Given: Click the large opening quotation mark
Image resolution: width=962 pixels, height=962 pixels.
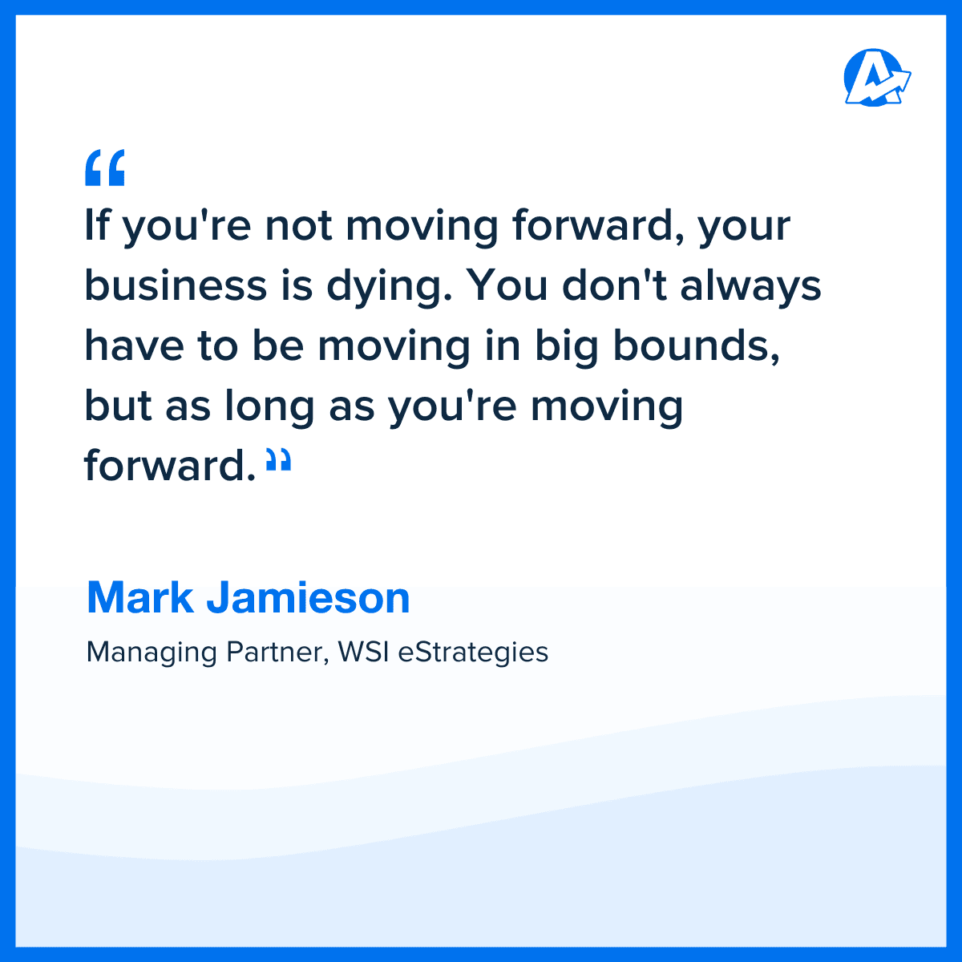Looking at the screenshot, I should (x=105, y=168).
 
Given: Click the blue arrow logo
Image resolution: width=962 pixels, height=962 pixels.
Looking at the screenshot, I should (x=877, y=78).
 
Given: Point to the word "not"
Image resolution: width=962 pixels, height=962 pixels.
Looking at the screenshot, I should (x=298, y=225).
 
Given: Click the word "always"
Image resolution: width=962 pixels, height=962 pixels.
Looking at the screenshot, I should (x=750, y=286).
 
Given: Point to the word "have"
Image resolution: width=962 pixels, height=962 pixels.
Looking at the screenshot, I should (x=129, y=346).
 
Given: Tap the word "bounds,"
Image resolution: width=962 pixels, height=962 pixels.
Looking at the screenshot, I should (x=697, y=346).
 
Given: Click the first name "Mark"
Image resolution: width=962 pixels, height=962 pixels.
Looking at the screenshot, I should (x=140, y=598).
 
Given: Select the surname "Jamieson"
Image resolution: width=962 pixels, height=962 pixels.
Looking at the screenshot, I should (x=308, y=598).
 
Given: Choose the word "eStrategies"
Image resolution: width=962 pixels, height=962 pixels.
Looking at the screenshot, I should (x=473, y=653).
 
